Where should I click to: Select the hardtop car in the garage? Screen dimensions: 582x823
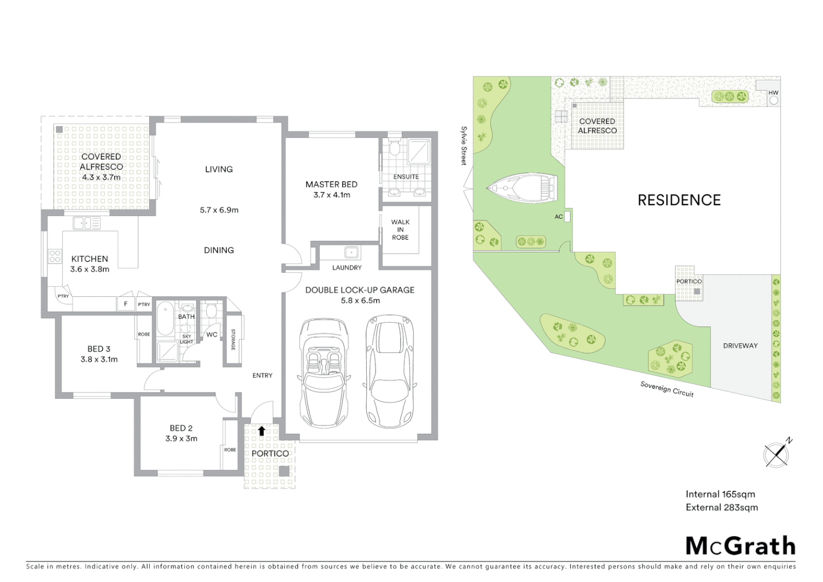pos(390,371)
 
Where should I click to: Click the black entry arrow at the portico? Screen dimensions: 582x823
pos(261,431)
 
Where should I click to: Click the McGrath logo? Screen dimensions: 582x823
pos(740,546)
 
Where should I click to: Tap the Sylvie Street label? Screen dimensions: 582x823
pos(464,145)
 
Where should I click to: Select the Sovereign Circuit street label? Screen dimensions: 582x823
pos(667,389)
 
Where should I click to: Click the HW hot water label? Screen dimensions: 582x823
pos(773,93)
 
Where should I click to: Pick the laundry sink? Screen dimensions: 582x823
pos(351,252)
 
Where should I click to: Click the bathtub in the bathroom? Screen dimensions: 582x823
pos(165,318)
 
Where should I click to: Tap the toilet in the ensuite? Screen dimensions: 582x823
pos(394,148)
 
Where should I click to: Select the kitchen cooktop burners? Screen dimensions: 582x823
pos(55,256)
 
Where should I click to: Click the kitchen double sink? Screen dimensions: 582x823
pos(86,223)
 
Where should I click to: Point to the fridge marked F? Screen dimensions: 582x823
pos(126,304)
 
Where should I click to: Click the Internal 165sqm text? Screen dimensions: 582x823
pos(720,494)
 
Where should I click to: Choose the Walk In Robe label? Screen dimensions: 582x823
pos(400,230)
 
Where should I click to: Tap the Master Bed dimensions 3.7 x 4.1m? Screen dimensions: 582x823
pos(332,195)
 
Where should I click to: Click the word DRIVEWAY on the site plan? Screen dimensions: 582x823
pos(740,346)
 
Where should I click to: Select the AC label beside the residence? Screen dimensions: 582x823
pos(559,217)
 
